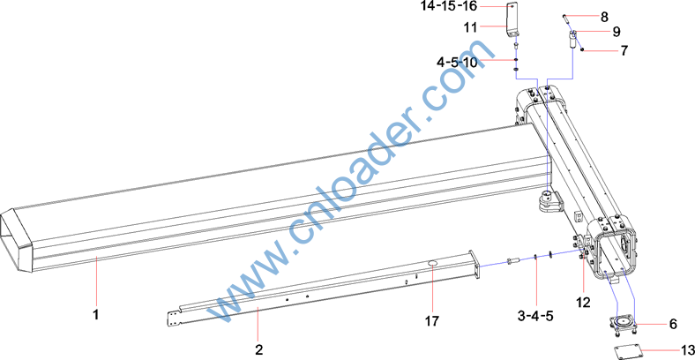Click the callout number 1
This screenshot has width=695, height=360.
(95, 315)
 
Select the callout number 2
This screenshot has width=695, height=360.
(258, 349)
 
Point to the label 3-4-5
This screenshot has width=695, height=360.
(535, 316)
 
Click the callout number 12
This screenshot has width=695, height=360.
(583, 303)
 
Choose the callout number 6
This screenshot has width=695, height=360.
(673, 325)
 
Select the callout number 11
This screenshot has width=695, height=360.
(470, 27)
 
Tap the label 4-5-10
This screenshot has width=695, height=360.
(457, 63)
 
